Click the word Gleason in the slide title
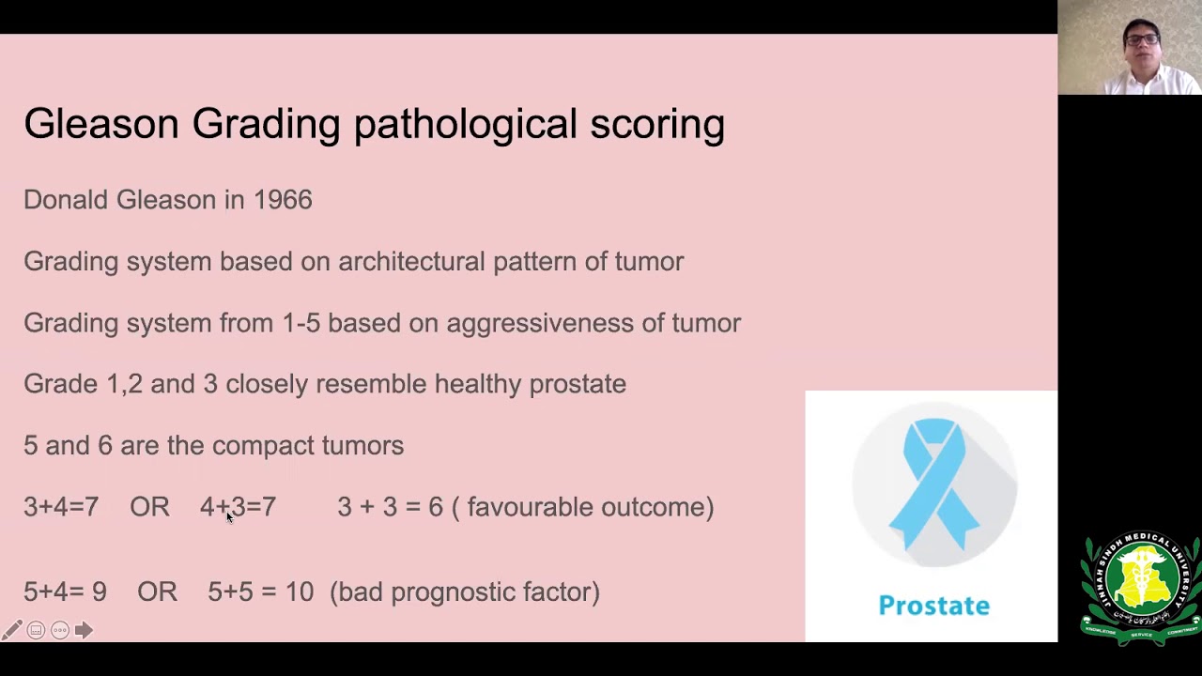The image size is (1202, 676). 101,124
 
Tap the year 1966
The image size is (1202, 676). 283,200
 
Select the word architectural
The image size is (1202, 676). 411,261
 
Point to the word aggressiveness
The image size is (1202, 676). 540,324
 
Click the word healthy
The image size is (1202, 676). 478,384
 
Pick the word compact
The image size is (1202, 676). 263,446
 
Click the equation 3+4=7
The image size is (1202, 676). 61,507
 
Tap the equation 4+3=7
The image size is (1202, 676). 239,507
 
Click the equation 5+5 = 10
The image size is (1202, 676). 261,591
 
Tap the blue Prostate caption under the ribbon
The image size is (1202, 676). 934,606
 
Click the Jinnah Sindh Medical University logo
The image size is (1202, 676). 1141,589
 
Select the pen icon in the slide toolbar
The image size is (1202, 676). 12,630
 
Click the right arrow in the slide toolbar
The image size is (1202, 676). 84,630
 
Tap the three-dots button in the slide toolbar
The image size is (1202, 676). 60,630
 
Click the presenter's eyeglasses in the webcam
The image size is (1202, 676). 1143,39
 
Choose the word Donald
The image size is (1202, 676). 66,200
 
